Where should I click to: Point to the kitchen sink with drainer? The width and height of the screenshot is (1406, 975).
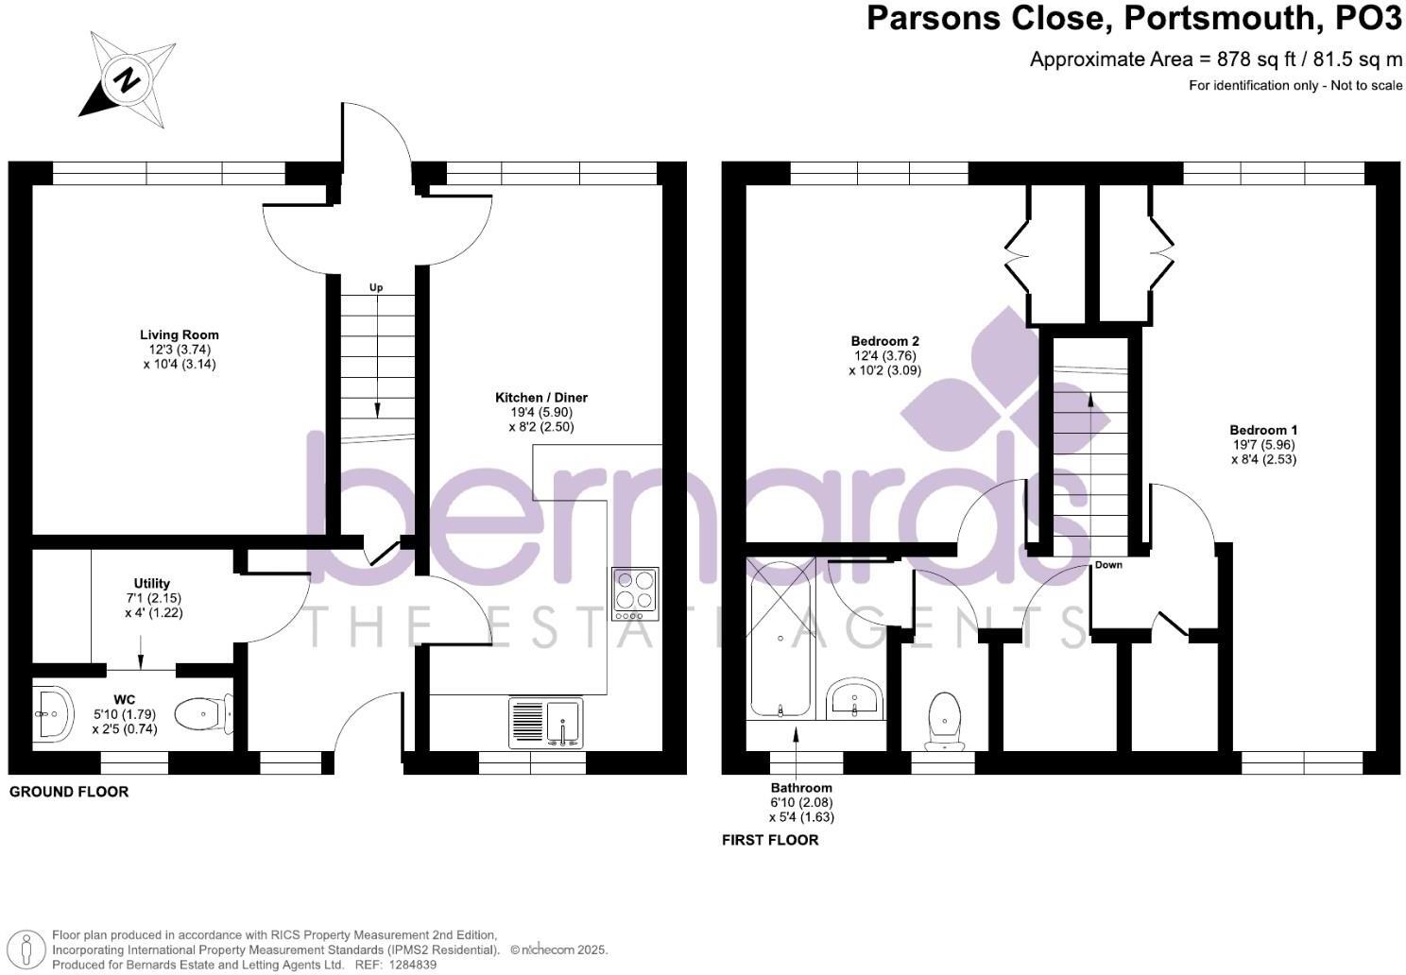pos(546,723)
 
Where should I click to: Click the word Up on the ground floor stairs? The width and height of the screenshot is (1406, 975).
pos(376,287)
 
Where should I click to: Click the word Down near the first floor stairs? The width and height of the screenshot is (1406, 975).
pos(1108,565)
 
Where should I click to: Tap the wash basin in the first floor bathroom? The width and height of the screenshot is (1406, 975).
pos(855,700)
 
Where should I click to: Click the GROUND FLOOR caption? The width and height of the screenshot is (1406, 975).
pos(69,792)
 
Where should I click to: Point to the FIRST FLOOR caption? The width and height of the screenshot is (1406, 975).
pos(770,840)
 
